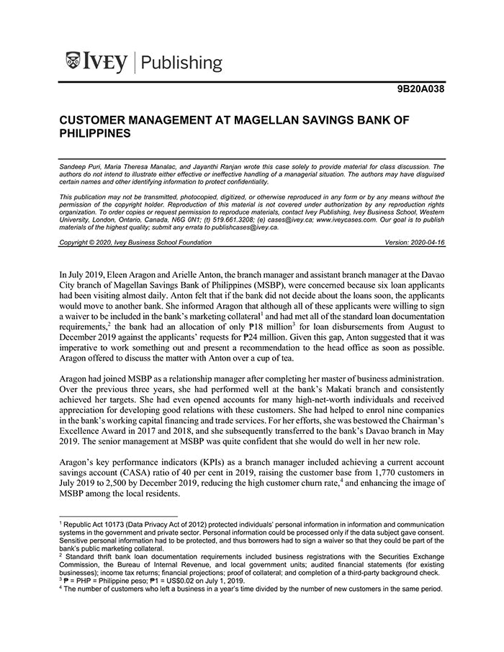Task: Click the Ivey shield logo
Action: (72, 61)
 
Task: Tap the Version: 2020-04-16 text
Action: (415, 243)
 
